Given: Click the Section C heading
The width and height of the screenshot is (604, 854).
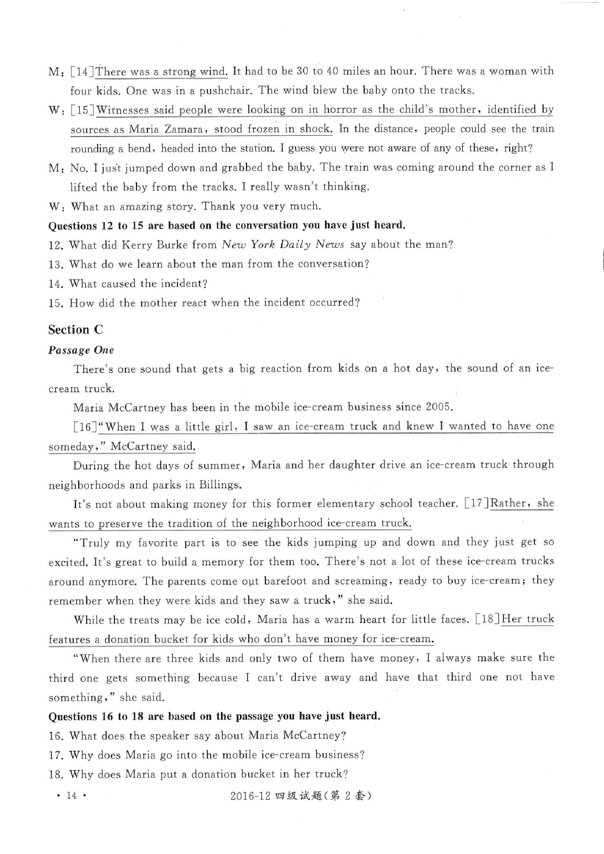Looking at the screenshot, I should pyautogui.click(x=75, y=330).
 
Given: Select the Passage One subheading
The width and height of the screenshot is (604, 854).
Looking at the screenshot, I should pyautogui.click(x=81, y=350).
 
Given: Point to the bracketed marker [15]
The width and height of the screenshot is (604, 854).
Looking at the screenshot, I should pyautogui.click(x=83, y=110).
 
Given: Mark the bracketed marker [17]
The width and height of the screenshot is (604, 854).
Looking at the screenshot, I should pyautogui.click(x=477, y=503).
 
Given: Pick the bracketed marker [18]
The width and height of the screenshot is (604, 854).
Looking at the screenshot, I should pyautogui.click(x=488, y=620).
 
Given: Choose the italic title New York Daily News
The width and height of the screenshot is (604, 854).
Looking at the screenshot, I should pyautogui.click(x=282, y=245).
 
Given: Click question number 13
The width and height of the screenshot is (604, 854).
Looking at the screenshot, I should pyautogui.click(x=54, y=264).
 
